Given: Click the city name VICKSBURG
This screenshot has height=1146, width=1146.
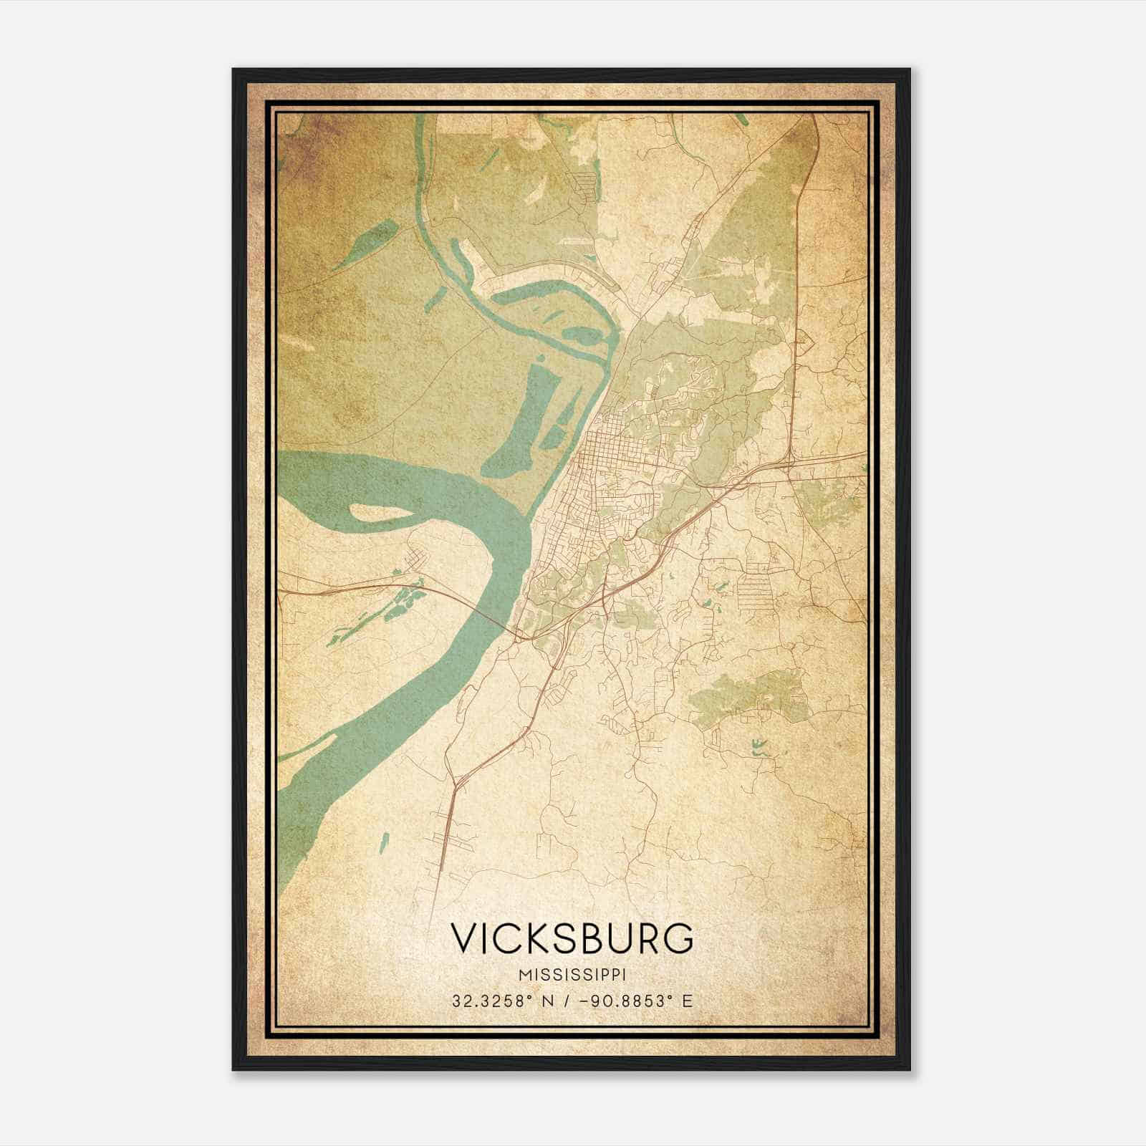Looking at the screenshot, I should coord(572,937).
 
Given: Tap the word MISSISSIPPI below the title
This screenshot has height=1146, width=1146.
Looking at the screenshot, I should coord(572,975).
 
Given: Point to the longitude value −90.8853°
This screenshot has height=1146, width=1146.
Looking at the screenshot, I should coord(625,1001).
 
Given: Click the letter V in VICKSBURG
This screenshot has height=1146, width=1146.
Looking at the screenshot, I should coord(464,937).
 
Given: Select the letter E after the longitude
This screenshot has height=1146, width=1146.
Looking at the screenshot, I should coord(687,1001).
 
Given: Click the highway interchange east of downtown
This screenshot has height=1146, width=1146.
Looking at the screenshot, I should coord(788,466).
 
